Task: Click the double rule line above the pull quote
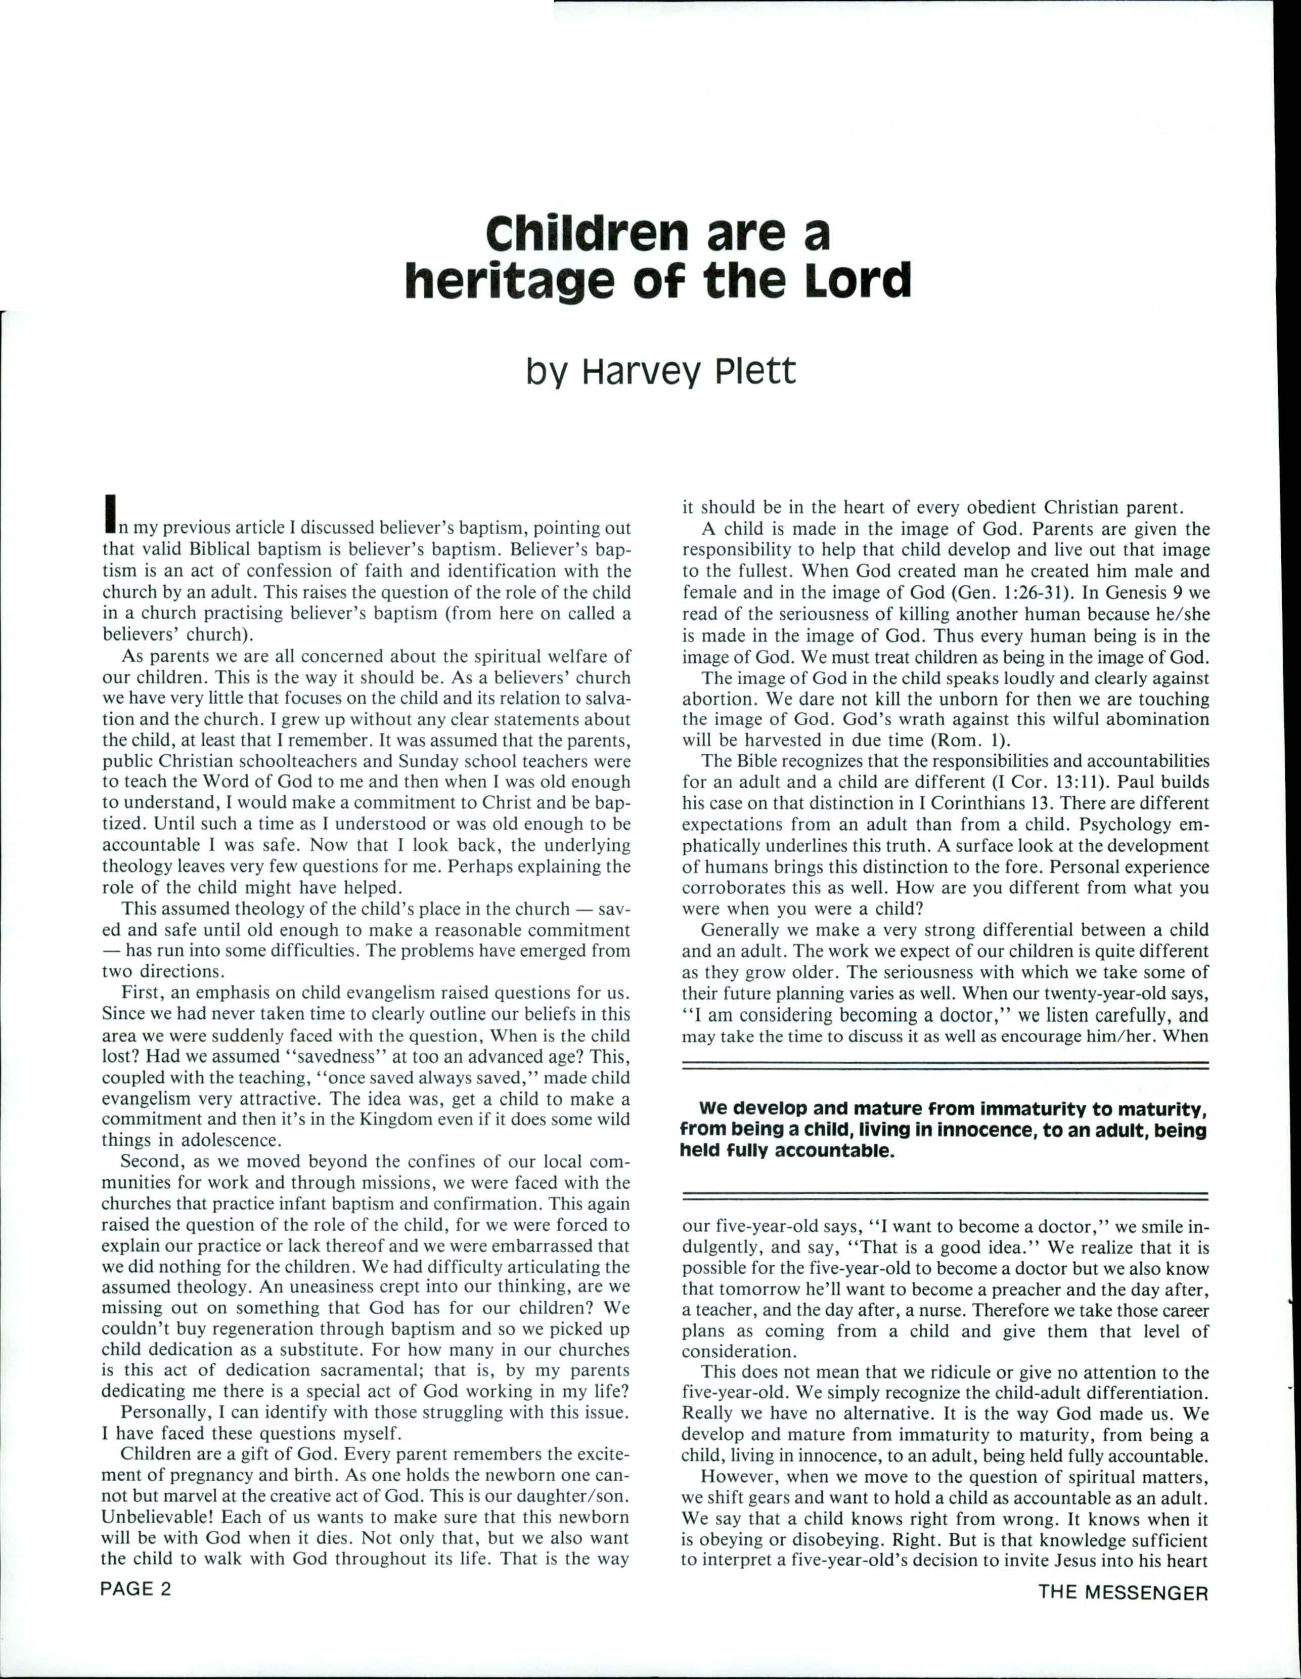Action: pyautogui.click(x=945, y=1065)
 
